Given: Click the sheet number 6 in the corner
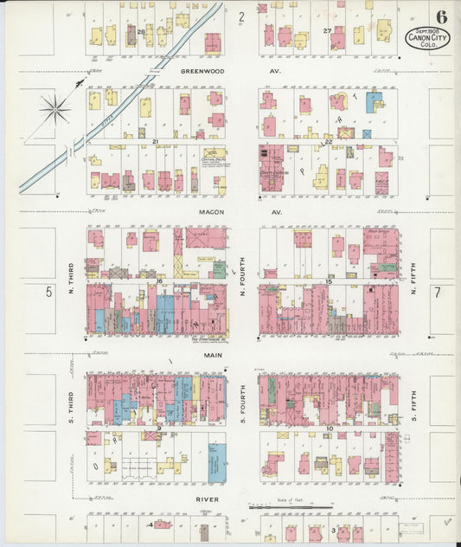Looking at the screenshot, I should (442, 16).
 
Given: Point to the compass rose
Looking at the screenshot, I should (54, 108).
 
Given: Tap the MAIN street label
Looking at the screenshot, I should (214, 355).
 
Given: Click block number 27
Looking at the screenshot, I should (328, 31).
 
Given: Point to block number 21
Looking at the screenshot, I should (156, 141).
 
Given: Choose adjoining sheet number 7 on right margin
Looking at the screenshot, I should (438, 293).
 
